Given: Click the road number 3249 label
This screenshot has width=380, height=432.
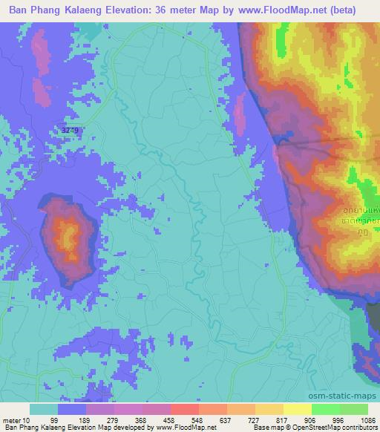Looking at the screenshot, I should coord(71,130).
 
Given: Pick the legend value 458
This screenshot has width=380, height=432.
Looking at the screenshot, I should coord(189,420).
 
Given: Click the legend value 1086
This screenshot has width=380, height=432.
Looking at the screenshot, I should coord(369,420).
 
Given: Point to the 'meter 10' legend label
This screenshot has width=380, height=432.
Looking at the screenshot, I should coord(16,420).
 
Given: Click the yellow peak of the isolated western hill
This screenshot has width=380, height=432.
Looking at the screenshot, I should coord(70,238).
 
